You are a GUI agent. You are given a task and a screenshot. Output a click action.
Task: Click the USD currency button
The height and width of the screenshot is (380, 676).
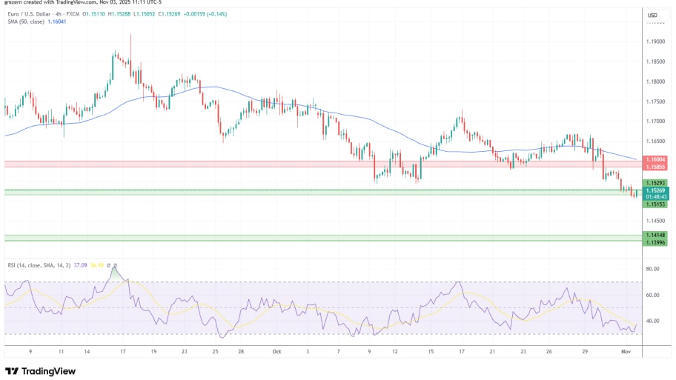[x=652, y=15]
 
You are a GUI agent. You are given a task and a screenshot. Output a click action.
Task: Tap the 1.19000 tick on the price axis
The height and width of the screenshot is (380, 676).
[x=655, y=42]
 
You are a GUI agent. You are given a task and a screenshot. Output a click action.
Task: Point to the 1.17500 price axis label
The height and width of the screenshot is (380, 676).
[x=655, y=101]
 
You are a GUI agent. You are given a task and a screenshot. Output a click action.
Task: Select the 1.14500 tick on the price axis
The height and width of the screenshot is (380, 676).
[x=655, y=221]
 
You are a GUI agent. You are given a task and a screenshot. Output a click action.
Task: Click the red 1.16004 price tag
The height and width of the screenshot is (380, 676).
[x=655, y=159]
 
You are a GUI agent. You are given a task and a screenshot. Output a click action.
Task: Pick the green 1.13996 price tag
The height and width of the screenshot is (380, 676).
[x=655, y=242]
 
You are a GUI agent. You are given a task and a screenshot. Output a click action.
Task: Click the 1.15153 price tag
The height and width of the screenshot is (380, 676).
[x=655, y=204]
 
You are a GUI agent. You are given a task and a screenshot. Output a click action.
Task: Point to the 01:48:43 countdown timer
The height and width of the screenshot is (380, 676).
[x=655, y=197]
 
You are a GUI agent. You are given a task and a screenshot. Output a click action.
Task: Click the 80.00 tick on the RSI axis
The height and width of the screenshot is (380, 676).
[x=653, y=270]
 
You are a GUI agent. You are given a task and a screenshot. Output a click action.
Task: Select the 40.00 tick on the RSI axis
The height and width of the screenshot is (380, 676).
[x=653, y=321]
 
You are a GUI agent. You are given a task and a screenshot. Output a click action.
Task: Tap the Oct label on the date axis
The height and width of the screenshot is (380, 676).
[x=276, y=353]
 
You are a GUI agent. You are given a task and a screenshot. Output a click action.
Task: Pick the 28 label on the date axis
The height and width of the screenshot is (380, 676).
[x=242, y=353]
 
